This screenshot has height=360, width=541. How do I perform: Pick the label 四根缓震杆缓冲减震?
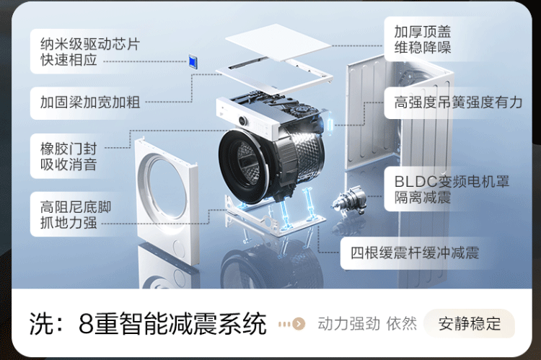(x=414, y=253)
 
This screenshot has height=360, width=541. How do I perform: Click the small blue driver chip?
(x=193, y=61)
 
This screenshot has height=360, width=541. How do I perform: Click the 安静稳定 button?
(x=469, y=324)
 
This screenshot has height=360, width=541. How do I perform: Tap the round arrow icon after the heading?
(x=299, y=324)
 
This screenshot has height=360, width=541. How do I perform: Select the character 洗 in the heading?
(x=41, y=324)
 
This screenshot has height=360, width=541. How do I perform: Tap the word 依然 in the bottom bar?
(x=401, y=324)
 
